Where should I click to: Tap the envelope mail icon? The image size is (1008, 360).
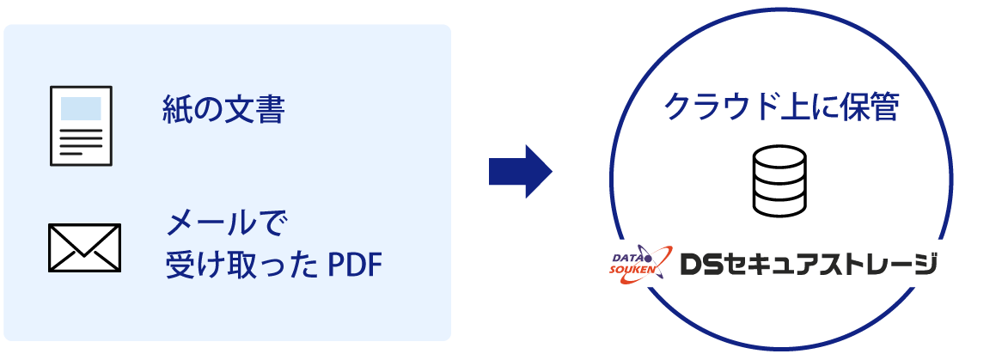coord(84,247)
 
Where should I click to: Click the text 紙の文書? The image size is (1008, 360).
coord(223,110)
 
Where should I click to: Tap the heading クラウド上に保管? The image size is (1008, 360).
coord(781,108)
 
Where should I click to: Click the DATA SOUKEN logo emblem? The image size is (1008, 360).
coord(636,264)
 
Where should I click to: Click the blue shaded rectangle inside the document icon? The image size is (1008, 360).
coord(80,108)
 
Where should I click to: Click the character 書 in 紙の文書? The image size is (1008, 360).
coord(270,110)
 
